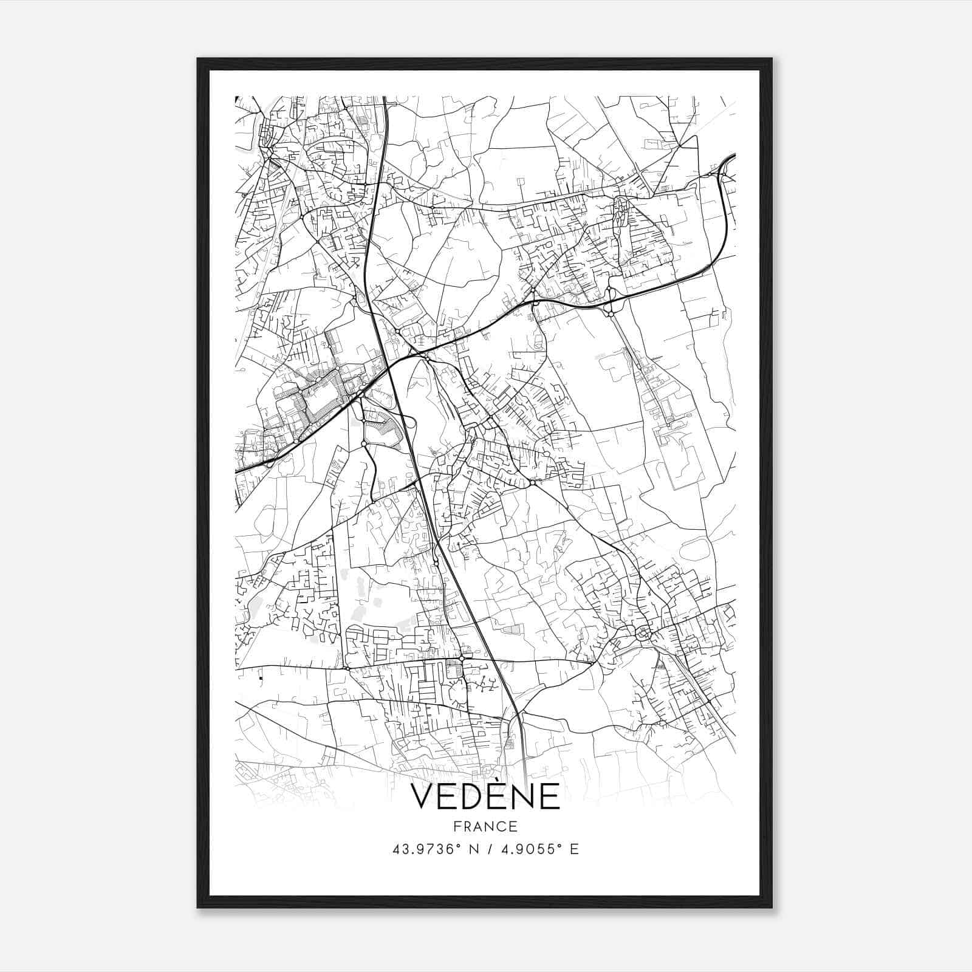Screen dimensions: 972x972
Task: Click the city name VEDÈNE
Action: (485, 796)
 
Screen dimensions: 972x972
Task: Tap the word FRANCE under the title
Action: (485, 826)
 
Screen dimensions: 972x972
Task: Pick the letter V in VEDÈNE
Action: (423, 797)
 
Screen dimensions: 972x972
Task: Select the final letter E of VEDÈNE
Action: (549, 797)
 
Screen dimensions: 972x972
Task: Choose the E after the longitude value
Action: (574, 849)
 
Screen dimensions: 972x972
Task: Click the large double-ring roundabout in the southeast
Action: (643, 634)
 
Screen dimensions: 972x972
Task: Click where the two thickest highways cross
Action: (387, 367)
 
